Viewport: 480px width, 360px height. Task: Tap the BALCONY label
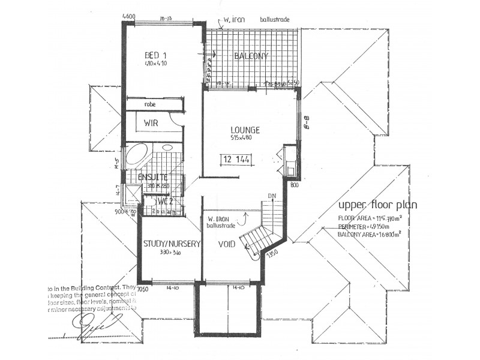tap(251, 56)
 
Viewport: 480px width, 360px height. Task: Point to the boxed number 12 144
tap(236, 160)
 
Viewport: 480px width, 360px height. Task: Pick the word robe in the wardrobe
tap(150, 104)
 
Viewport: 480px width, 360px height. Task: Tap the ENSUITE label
tap(152, 178)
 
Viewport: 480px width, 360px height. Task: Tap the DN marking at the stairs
tap(272, 196)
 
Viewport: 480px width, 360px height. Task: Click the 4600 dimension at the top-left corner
tap(128, 16)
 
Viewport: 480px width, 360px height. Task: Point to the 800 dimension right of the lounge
tap(294, 185)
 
